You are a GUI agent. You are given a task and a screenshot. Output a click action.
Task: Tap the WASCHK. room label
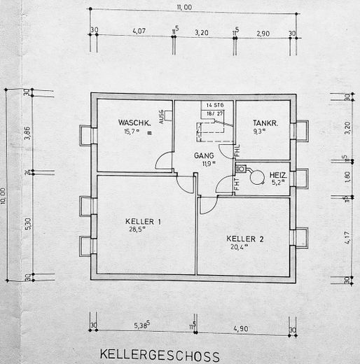point(133,122)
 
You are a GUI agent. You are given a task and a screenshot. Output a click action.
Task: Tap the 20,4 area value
point(239,246)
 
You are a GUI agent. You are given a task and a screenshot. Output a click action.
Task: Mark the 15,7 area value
point(131,130)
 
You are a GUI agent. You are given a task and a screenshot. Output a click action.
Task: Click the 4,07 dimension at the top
point(138,32)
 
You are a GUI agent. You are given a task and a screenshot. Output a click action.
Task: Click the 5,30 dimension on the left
point(27,224)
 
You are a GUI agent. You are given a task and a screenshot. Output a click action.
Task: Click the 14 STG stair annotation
point(214,105)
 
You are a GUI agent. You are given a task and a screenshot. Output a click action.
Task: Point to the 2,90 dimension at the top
point(263,32)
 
